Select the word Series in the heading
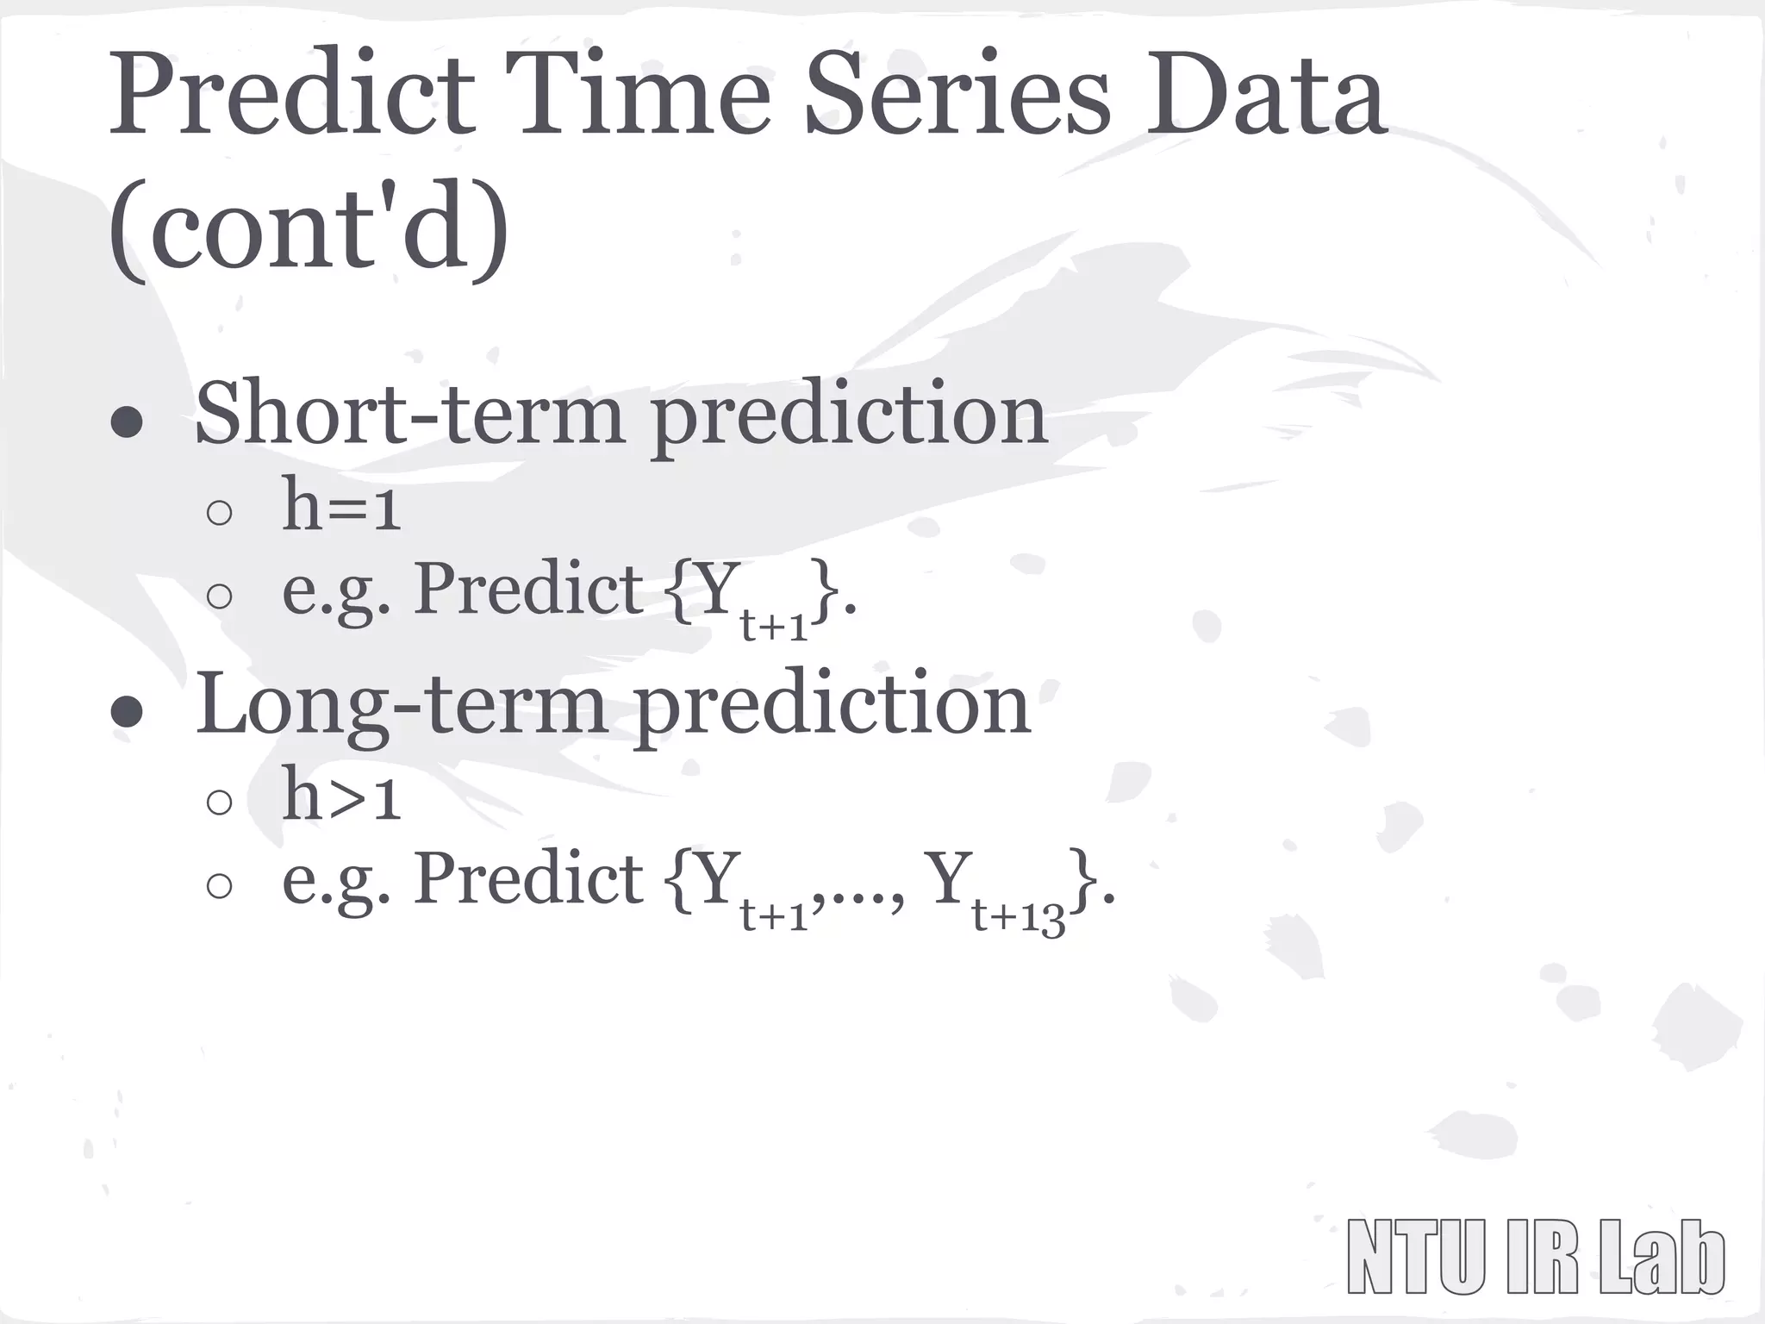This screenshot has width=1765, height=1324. (x=957, y=95)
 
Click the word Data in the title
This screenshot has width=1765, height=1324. (x=1265, y=95)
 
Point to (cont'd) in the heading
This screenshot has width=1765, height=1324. (x=309, y=231)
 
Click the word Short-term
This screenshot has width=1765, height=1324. (x=409, y=414)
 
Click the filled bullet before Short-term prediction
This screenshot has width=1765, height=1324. (x=127, y=422)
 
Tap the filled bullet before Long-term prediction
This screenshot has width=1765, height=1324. (x=127, y=712)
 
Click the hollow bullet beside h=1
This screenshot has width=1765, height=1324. (x=220, y=514)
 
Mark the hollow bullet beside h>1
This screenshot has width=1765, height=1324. (x=220, y=803)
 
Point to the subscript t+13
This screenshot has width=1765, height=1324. (x=1019, y=915)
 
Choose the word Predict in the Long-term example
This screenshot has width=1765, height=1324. (x=527, y=879)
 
